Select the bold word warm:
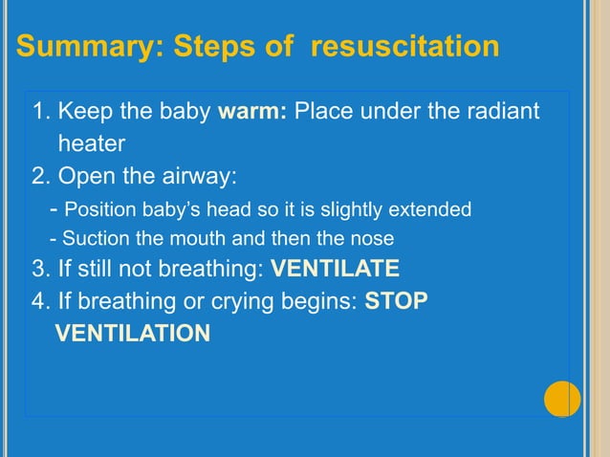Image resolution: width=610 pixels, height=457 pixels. [253, 113]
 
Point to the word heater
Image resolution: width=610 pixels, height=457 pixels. [92, 143]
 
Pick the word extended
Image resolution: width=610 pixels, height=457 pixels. [435, 208]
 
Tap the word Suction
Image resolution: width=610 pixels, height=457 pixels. [95, 238]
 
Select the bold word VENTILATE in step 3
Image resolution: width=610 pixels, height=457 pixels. [336, 268]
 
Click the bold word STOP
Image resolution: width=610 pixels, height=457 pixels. [397, 301]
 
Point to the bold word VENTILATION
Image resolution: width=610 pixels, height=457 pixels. [133, 334]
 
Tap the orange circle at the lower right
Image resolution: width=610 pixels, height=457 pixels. [562, 399]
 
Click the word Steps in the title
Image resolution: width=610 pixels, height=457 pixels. [214, 46]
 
